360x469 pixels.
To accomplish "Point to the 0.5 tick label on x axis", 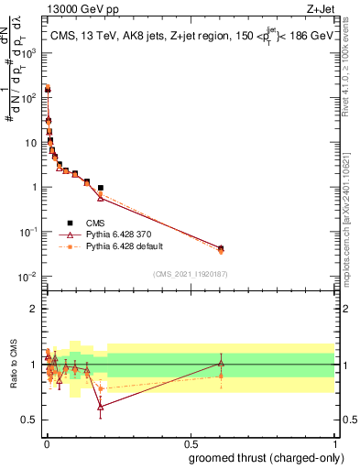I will tap(191, 443).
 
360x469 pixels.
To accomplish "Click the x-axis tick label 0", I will tap(47, 443).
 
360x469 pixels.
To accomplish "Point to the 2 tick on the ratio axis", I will tap(35, 309).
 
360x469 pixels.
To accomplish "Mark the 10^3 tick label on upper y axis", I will tap(29, 52).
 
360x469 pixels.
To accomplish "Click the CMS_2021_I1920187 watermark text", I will tap(191, 272).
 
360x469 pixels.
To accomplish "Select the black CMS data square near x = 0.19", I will tap(101, 188).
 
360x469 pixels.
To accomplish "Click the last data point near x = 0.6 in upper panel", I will tap(220, 248).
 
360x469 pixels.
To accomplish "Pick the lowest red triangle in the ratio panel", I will tap(101, 407).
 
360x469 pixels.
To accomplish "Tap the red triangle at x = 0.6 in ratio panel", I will tap(220, 363).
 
